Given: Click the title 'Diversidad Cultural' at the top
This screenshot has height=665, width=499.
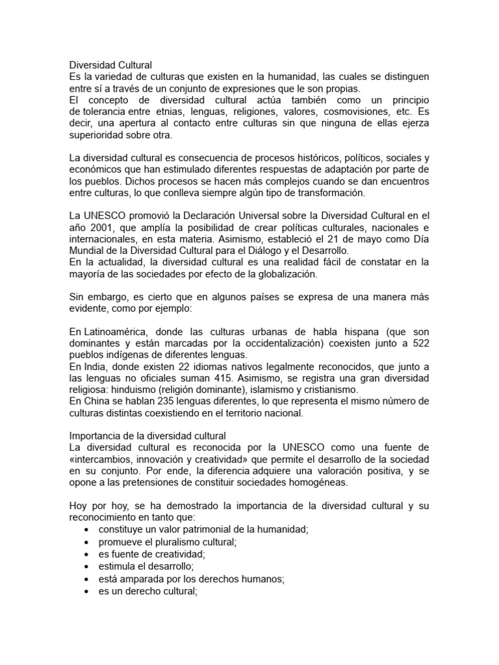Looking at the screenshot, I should pyautogui.click(x=110, y=65).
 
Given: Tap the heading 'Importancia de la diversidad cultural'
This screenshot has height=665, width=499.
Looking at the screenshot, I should pyautogui.click(x=147, y=436).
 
